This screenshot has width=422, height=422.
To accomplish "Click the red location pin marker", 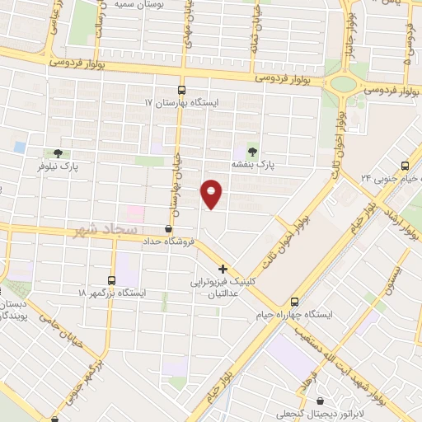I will pos(212,193).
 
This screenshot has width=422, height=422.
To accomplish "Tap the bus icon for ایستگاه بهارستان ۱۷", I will pos(181,91).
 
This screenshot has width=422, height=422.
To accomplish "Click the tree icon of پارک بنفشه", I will pos(251,151).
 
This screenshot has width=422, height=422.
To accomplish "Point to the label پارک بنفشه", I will pos(251,165).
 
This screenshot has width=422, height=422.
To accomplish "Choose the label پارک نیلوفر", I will pos(58,166).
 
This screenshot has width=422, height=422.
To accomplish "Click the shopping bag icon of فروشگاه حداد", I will pos(168,229).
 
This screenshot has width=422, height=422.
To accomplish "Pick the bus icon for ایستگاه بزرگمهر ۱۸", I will pos(112,280).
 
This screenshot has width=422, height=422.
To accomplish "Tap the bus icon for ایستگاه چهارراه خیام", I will pos(294,302).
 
